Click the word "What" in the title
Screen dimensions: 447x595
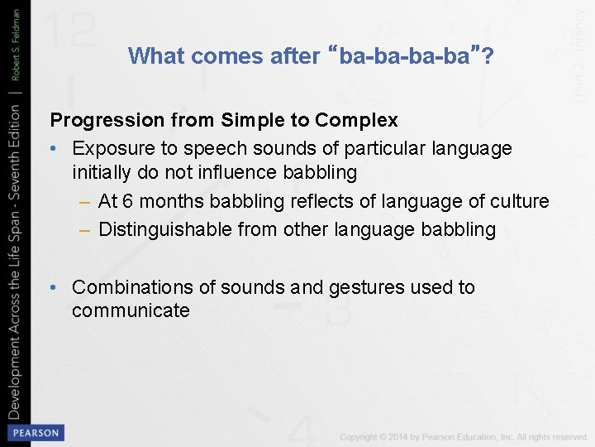pos(155,55)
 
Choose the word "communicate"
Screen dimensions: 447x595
pos(131,311)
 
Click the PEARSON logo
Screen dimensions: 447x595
pos(35,432)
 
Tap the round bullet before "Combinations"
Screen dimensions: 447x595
pos(54,287)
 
